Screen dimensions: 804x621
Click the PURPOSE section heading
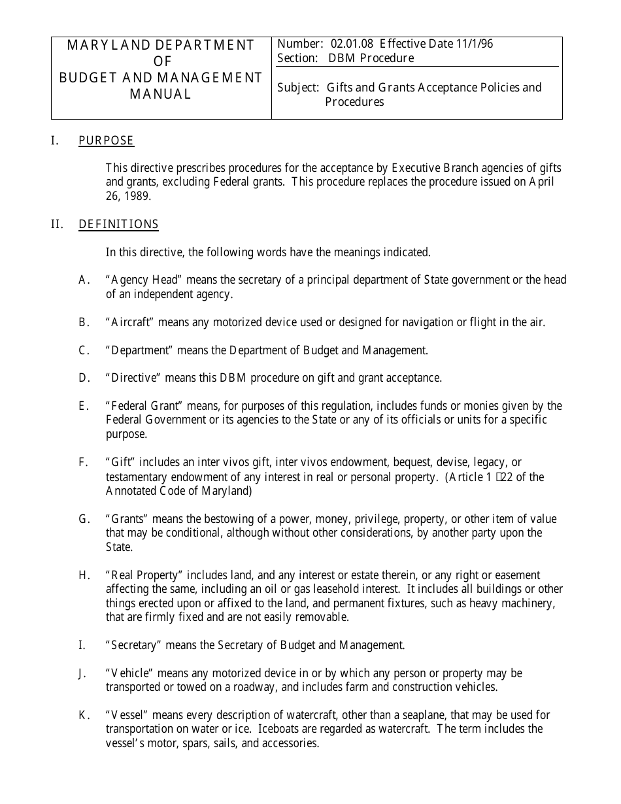106,141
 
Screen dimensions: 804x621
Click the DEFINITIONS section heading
118,224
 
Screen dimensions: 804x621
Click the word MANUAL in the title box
160,94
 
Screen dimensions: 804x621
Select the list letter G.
84,519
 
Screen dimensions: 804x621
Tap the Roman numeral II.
57,224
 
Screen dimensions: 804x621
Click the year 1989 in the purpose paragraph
137,196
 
